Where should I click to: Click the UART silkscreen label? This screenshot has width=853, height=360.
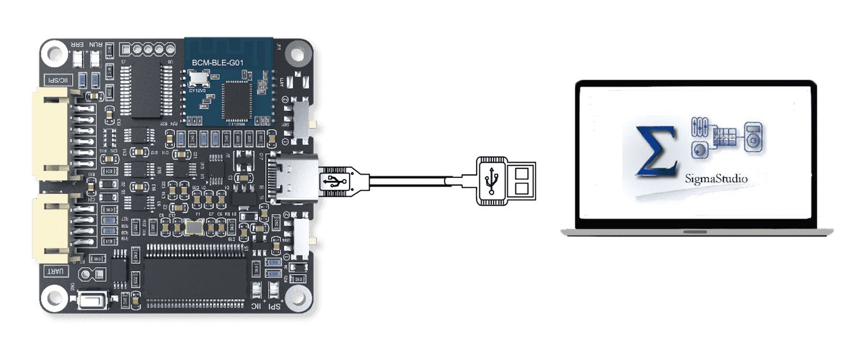tap(56, 272)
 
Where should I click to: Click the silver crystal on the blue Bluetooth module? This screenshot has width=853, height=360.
tap(199, 78)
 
